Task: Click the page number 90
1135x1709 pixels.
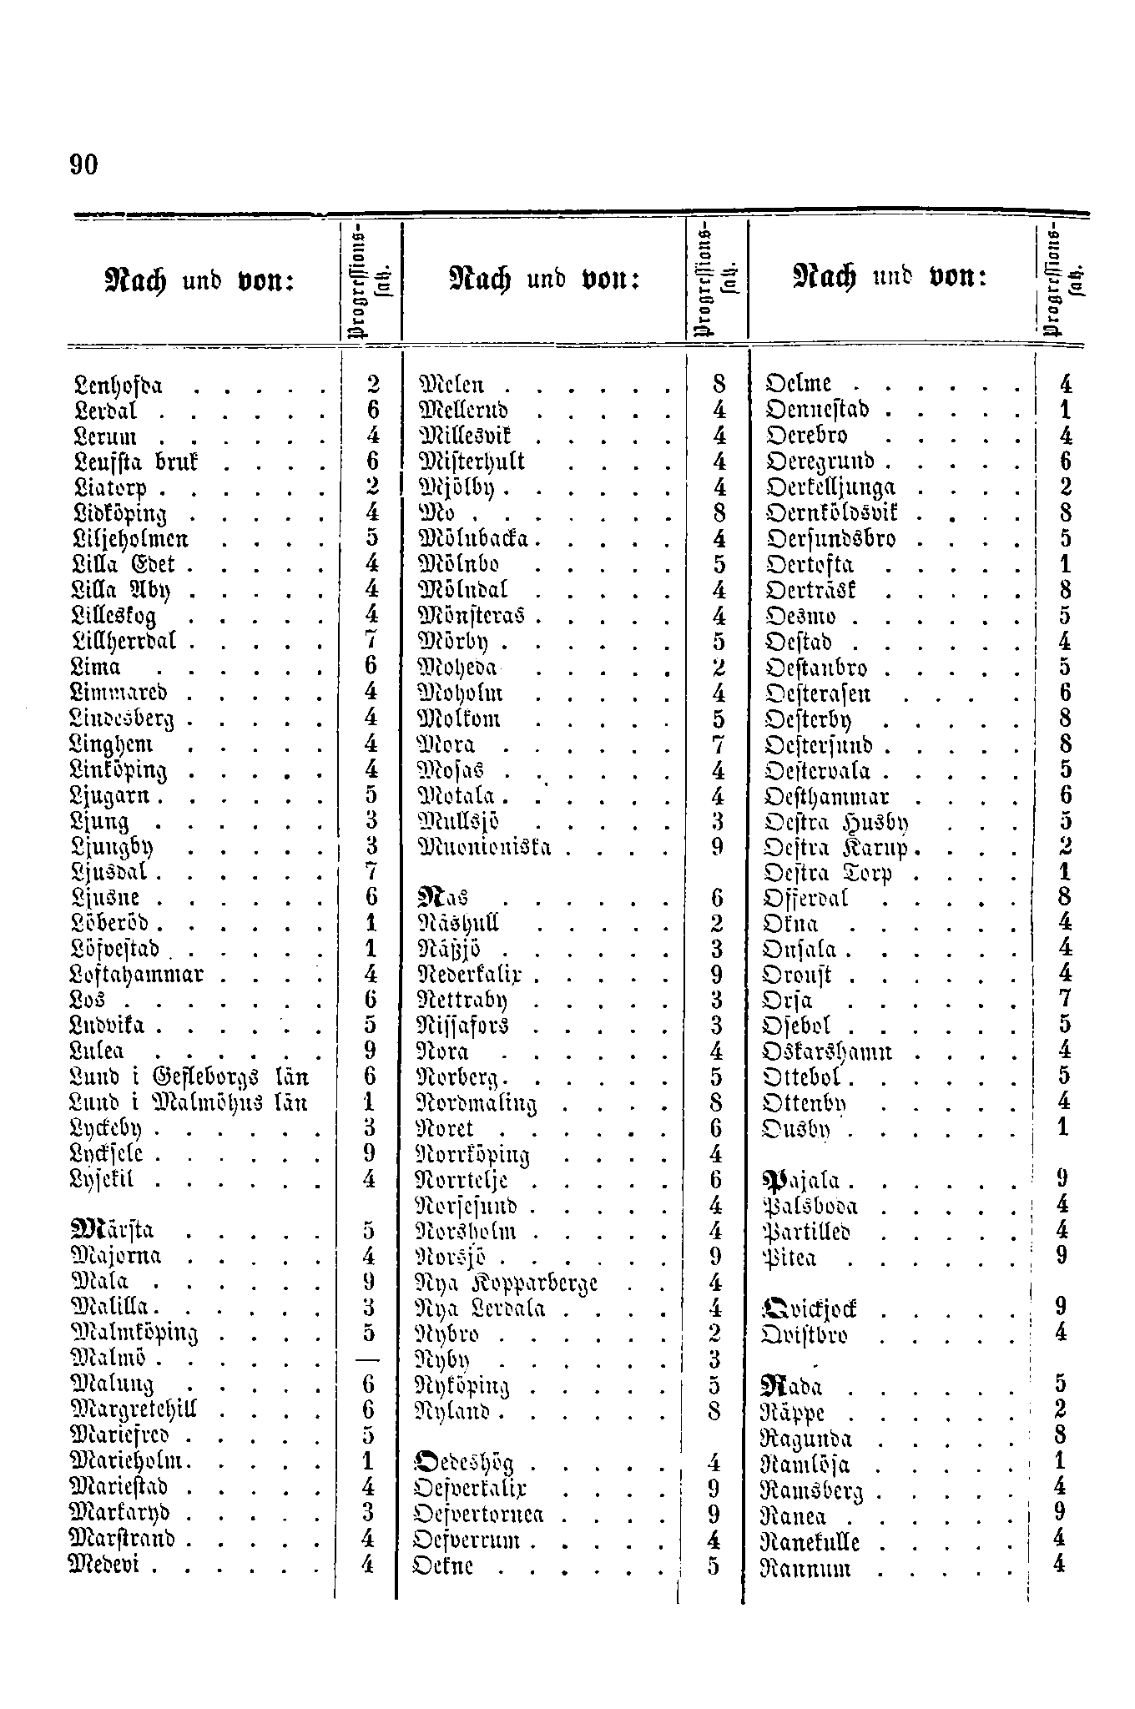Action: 84,165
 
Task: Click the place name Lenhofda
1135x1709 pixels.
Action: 118,386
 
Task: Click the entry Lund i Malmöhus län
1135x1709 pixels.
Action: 190,1102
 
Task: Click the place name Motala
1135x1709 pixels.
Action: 456,795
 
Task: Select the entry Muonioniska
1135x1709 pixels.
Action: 484,848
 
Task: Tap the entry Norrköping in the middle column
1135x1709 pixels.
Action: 473,1156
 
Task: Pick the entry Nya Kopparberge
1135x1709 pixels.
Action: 507,1283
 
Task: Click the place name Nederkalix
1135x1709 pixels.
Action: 476,975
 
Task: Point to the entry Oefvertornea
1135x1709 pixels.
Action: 480,1514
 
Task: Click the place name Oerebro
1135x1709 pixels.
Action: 806,436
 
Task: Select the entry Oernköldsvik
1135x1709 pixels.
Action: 831,513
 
